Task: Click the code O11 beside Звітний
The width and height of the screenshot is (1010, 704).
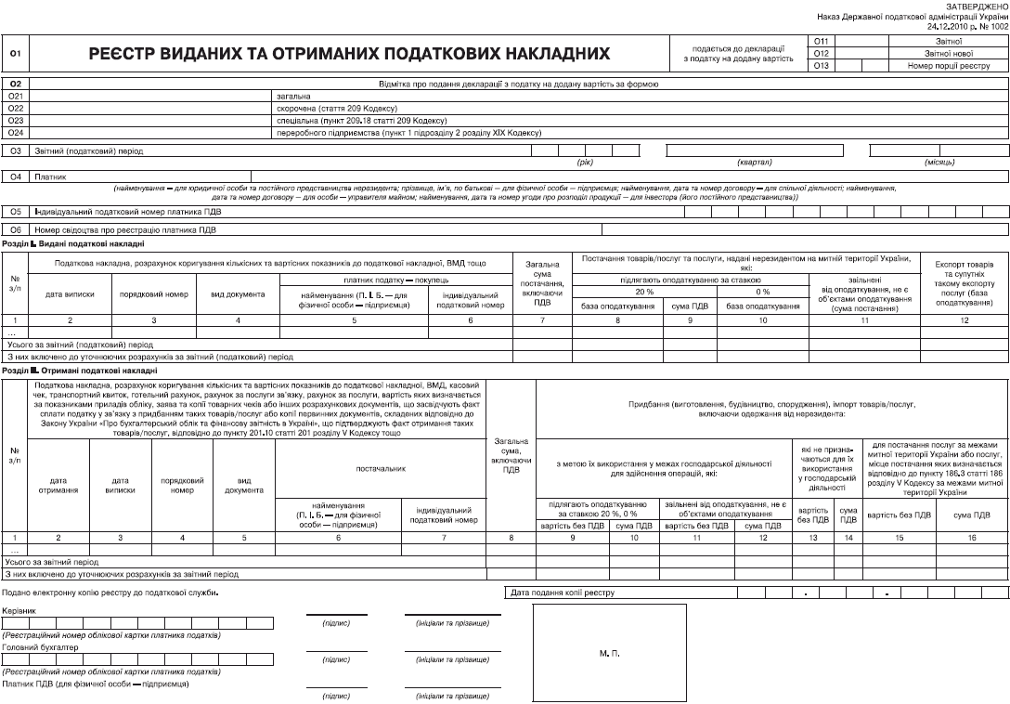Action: tap(821, 42)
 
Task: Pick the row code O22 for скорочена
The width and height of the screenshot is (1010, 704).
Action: tap(15, 108)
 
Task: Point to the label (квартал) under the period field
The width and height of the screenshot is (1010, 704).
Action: tap(755, 163)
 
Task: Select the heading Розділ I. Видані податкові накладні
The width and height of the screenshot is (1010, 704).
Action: tap(73, 243)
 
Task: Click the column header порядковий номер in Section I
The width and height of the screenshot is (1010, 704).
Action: tap(153, 294)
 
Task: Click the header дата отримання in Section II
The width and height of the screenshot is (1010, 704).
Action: tap(58, 485)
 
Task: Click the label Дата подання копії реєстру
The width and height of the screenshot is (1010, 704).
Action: tap(563, 592)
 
